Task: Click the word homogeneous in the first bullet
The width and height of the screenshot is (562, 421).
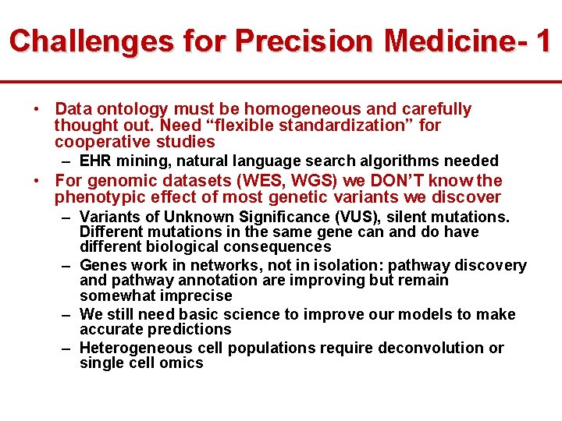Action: coord(292,109)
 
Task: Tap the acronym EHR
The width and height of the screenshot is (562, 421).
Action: coord(95,161)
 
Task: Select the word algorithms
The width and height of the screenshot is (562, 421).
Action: coord(397,161)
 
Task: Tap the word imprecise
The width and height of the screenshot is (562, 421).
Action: coord(197,296)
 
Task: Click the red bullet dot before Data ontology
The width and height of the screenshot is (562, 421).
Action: coord(37,109)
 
